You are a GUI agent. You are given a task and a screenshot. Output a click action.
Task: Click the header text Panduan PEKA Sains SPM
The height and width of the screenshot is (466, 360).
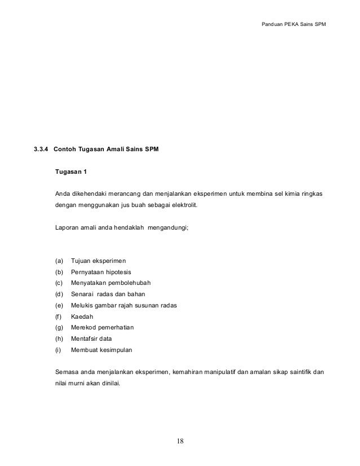click(294, 25)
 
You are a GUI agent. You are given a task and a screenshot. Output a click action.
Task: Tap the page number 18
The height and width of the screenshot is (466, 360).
click(179, 440)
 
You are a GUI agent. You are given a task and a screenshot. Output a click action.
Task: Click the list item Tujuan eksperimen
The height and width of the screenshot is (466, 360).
click(99, 261)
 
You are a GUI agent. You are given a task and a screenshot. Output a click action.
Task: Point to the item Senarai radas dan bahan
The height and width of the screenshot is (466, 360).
click(106, 294)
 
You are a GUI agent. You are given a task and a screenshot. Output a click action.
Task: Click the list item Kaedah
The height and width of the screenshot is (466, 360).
click(82, 316)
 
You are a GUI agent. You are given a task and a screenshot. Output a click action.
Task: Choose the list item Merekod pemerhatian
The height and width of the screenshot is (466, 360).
click(103, 327)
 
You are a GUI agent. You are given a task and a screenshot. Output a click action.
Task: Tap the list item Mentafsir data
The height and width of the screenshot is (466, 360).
click(92, 338)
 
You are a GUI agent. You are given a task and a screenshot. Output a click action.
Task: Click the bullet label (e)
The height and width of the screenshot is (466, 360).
click(59, 305)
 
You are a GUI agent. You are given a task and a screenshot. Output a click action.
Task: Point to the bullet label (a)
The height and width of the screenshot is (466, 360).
click(59, 261)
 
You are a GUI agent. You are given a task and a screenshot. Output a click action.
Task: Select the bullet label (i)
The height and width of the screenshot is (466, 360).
click(58, 350)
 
